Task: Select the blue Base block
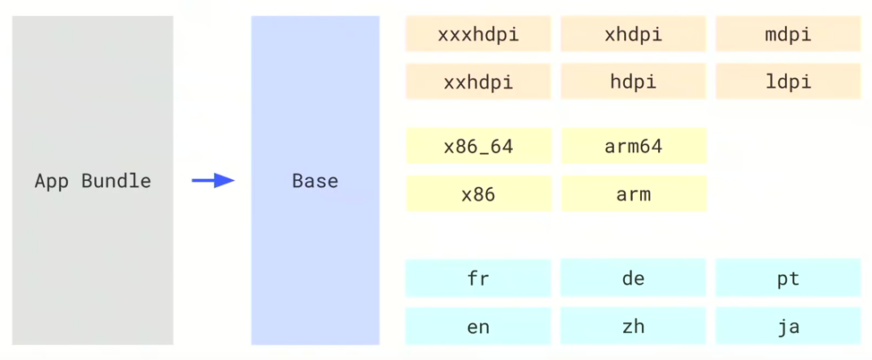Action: coord(315,180)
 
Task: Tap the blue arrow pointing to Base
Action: coord(213,181)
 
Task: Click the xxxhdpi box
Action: coord(478,35)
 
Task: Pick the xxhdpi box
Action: coord(478,82)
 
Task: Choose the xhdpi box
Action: coord(633,35)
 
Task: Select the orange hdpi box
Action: coord(633,82)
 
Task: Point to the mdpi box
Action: coord(788,35)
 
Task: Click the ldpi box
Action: coord(788,82)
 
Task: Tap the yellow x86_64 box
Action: coord(478,146)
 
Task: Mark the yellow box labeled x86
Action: coord(478,194)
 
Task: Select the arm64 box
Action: coord(633,146)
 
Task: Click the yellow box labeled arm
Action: coord(633,194)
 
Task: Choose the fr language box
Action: coord(478,279)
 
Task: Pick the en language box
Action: coord(478,327)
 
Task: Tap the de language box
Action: coord(633,279)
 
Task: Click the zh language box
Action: coord(633,327)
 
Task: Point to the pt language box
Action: coord(788,279)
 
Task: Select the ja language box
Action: coord(788,327)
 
